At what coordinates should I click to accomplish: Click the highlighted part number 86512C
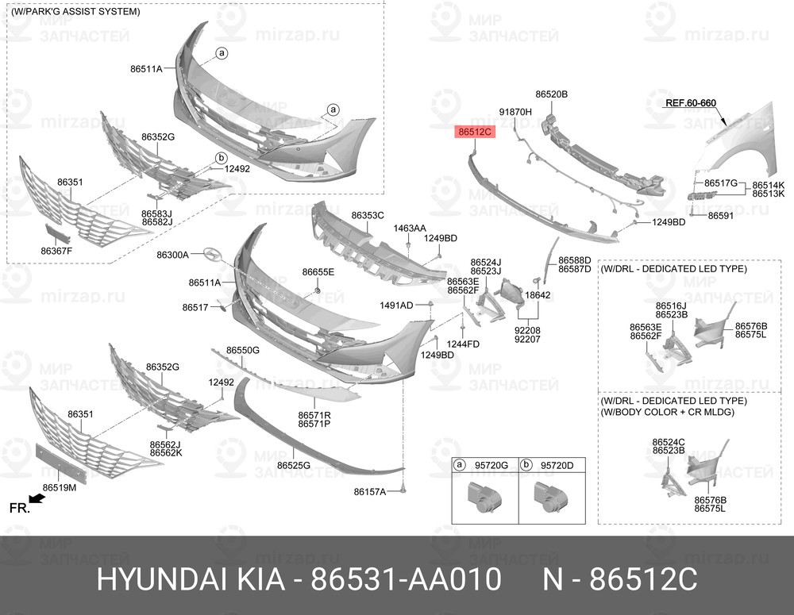(x=475, y=132)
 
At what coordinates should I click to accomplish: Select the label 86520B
(x=552, y=94)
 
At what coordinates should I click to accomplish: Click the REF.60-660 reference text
(x=691, y=102)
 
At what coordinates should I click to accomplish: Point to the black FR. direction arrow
(x=37, y=499)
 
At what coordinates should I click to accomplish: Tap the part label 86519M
(x=60, y=487)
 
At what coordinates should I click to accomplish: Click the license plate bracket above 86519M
(x=61, y=463)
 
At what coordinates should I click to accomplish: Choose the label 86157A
(x=370, y=491)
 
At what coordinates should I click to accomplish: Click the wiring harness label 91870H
(x=515, y=111)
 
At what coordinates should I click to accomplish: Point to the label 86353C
(x=368, y=215)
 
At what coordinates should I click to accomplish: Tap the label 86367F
(x=56, y=250)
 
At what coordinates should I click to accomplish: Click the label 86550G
(x=242, y=350)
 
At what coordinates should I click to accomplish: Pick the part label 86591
(x=721, y=216)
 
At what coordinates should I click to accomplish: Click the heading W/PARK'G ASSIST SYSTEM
(x=75, y=11)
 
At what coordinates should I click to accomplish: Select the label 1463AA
(x=410, y=229)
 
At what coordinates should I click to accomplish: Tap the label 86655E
(x=318, y=272)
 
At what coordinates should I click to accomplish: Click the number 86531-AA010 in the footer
(x=406, y=579)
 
